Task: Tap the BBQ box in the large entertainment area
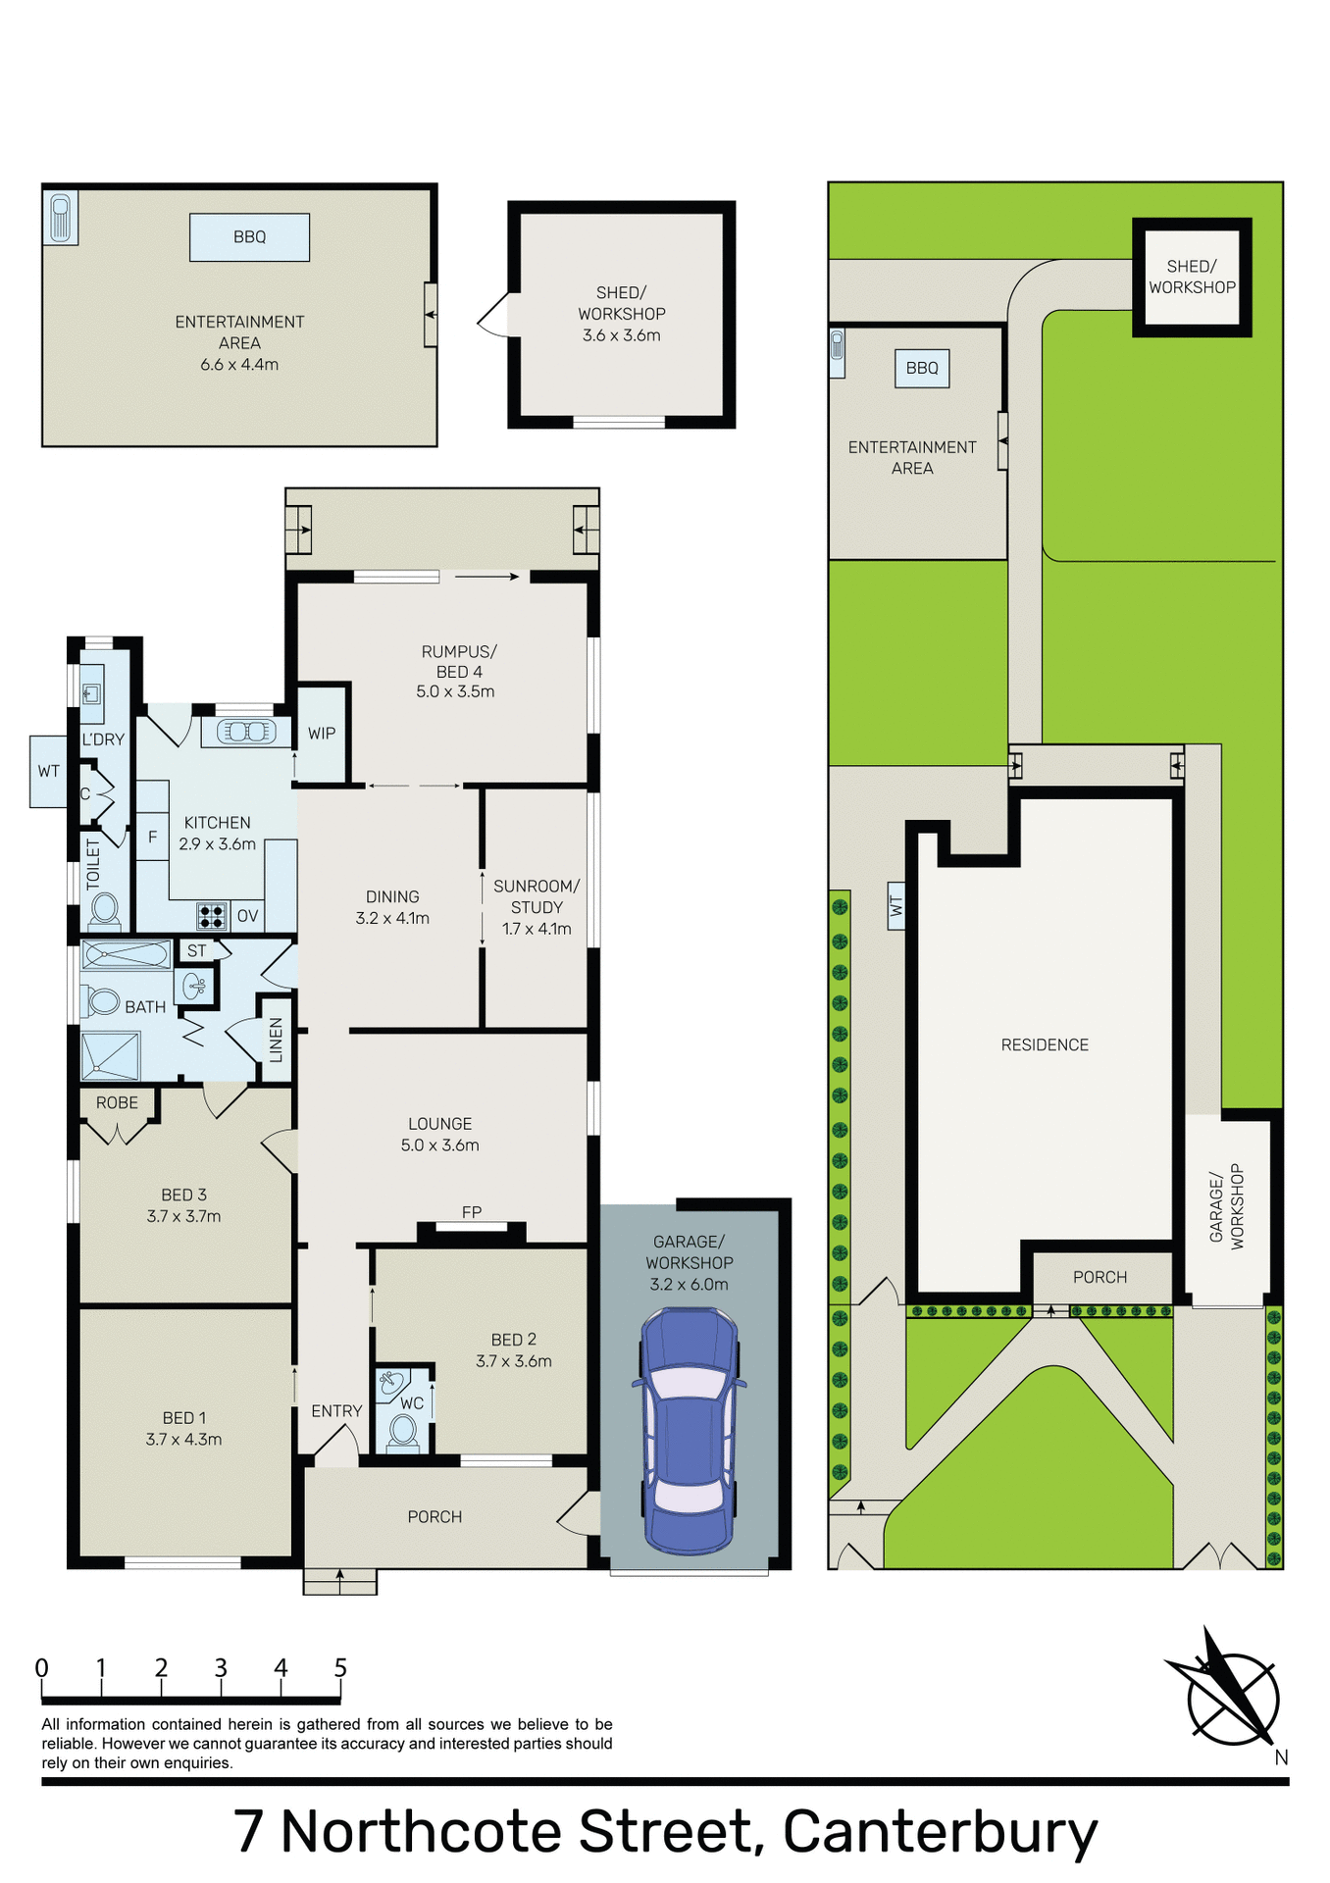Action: [249, 237]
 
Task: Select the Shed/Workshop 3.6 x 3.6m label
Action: [621, 314]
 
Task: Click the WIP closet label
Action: [322, 734]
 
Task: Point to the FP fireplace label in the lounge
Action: [472, 1212]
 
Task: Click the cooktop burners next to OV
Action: [212, 916]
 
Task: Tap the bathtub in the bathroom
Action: [126, 953]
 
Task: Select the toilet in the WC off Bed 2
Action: [402, 1432]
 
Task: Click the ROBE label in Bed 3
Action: [117, 1103]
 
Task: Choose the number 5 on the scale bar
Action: [340, 1668]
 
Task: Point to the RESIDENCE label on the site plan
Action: [1045, 1045]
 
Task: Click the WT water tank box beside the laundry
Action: [49, 772]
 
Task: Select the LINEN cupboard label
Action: [277, 1040]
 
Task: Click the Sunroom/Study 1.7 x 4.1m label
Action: [537, 907]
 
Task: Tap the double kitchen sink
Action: [246, 732]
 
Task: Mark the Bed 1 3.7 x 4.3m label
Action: [183, 1429]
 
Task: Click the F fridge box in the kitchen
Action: [152, 837]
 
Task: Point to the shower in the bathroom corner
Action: [110, 1056]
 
